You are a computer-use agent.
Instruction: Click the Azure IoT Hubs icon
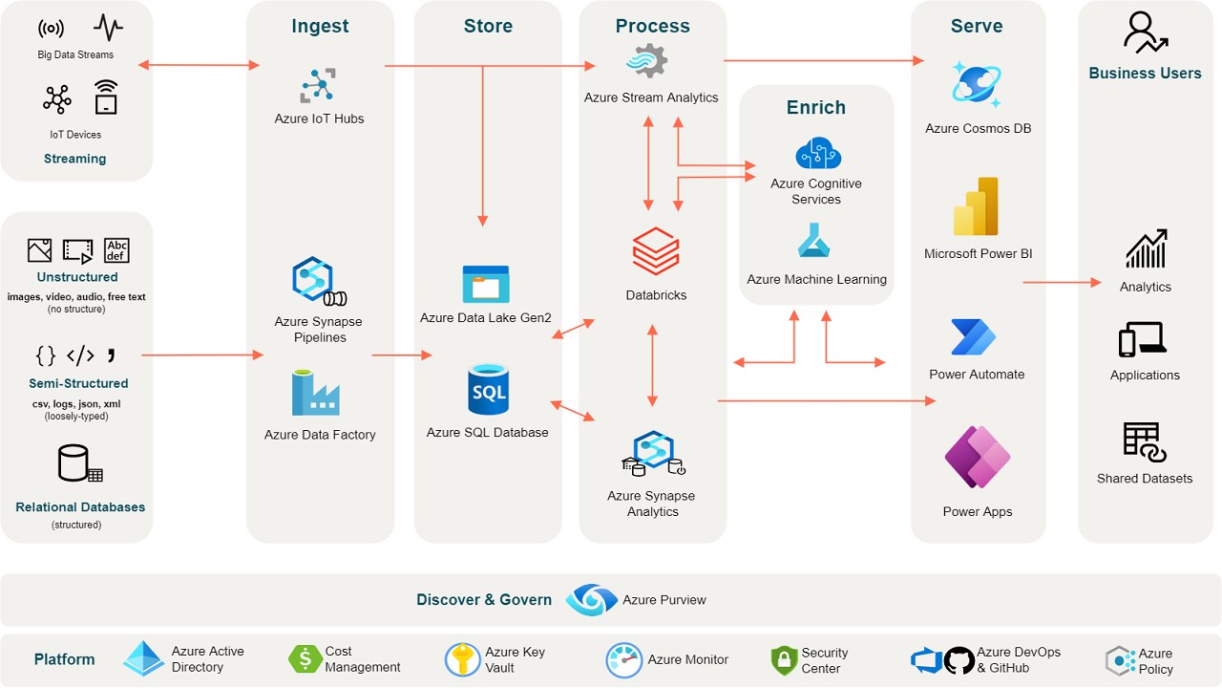[318, 85]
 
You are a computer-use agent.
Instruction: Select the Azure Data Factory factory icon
[316, 394]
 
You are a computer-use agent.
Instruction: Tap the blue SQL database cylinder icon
[488, 389]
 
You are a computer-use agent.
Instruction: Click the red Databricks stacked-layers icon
[656, 251]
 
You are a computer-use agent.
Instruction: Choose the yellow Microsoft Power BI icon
[976, 206]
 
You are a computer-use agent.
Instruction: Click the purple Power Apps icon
[978, 458]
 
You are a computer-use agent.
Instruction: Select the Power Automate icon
[974, 337]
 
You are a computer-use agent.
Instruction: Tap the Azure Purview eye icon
[591, 600]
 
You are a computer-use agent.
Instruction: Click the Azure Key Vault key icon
[462, 659]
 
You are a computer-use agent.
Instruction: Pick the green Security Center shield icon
[784, 659]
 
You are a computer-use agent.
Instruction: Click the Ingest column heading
[320, 27]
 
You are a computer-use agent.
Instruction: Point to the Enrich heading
[816, 108]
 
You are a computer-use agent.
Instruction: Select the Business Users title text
[1145, 74]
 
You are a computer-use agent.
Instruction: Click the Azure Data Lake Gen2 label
[486, 318]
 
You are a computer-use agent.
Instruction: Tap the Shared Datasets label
[1145, 479]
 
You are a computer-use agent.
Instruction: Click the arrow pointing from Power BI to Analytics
[1062, 282]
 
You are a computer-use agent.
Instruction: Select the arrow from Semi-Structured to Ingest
[201, 355]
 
